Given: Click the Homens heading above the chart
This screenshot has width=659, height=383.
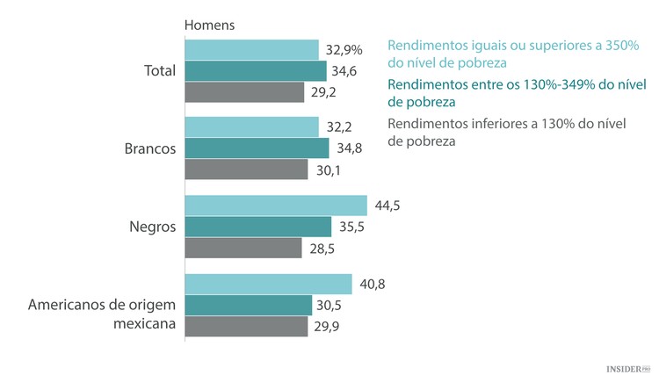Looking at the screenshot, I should tap(209, 25).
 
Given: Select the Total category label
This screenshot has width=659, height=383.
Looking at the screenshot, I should tap(159, 70).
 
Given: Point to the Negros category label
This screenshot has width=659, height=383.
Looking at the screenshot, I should tap(152, 227).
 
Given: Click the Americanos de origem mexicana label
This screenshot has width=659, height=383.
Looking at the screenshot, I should tap(103, 314).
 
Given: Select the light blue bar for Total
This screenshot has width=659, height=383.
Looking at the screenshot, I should tap(251, 50).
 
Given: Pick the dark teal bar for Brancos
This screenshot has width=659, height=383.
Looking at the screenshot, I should tap(257, 148).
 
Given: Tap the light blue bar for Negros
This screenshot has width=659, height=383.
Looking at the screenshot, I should tap(276, 206).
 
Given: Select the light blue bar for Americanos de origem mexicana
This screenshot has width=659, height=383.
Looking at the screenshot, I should tap(268, 284).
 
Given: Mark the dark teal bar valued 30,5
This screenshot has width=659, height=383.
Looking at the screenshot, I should tap(249, 305).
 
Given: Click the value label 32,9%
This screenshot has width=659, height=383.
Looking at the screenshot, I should tap(345, 50).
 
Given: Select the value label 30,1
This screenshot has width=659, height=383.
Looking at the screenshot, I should tap(329, 170).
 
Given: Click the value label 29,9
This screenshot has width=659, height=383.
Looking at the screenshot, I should tap(328, 326).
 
